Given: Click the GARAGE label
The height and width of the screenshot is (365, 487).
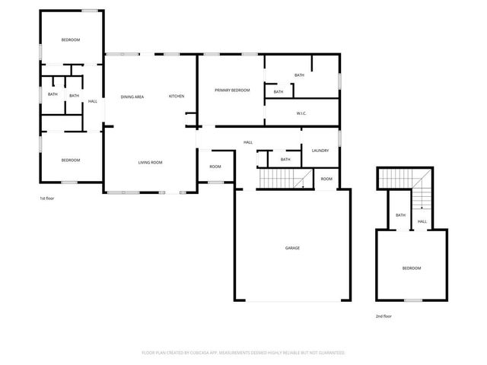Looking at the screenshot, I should (x=292, y=249).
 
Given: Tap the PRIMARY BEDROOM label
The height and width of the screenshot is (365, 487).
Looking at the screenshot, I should (x=232, y=90).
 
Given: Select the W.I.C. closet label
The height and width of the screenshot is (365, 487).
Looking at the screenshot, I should (x=301, y=113).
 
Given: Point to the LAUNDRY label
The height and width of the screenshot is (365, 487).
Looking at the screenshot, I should (x=320, y=151).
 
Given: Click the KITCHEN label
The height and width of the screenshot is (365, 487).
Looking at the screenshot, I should (x=177, y=97).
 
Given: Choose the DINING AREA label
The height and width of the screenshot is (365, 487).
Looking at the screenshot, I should (x=132, y=97).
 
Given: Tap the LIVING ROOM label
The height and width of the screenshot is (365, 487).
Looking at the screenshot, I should (x=150, y=162).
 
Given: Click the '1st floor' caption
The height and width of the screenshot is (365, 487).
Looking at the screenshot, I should (x=48, y=198).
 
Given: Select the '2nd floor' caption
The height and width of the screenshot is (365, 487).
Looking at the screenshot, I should (x=384, y=316).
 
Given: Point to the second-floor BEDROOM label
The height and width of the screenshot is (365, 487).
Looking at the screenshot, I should (x=411, y=268).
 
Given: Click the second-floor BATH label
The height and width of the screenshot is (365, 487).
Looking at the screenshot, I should (x=400, y=215).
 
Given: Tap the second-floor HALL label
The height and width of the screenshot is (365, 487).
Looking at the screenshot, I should (x=422, y=221).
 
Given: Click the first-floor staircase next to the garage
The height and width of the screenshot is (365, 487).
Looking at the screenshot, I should (x=282, y=179).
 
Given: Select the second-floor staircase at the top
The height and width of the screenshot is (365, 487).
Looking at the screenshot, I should (x=396, y=179).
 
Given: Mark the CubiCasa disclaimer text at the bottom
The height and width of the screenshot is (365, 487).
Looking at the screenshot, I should (x=243, y=353).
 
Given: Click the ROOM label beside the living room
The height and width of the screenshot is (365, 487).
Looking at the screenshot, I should (x=215, y=167).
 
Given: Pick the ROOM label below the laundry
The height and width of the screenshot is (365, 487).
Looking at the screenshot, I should (x=326, y=179).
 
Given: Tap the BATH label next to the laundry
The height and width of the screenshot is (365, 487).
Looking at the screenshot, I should (x=285, y=160).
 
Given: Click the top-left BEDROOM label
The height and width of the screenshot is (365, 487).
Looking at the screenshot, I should (x=71, y=40).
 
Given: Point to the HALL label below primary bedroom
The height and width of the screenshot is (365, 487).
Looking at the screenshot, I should (x=248, y=142).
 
